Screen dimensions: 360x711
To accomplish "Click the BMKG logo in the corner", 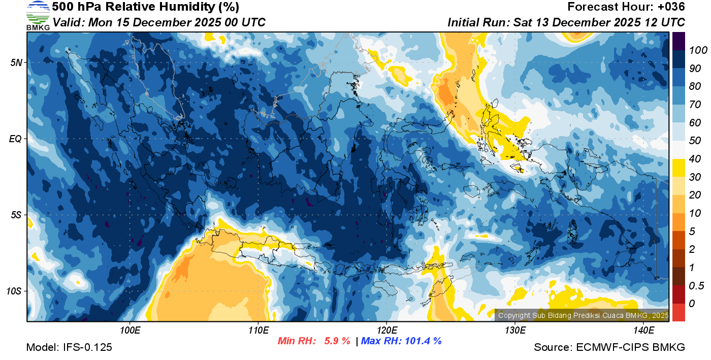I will click(x=38, y=16).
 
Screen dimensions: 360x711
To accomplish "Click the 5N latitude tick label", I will click(x=16, y=63).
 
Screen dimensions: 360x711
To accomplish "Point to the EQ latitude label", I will click(x=15, y=139).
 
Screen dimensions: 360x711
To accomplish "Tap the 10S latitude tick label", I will click(x=14, y=291).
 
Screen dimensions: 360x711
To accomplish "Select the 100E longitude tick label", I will click(x=130, y=331).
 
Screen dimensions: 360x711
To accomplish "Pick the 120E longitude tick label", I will click(x=386, y=331).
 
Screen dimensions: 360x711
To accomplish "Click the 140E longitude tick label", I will click(x=643, y=331).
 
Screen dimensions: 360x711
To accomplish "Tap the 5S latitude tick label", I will click(x=16, y=215).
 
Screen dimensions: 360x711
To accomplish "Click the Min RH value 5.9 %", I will click(x=337, y=341).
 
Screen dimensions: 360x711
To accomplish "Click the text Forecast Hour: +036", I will click(x=626, y=7).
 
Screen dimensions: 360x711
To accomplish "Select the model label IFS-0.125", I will click(x=69, y=347).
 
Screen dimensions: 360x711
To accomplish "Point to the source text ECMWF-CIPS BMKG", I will click(x=609, y=347).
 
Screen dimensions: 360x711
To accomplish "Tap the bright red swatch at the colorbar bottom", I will click(x=678, y=312).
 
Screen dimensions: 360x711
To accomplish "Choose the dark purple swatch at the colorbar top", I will click(x=678, y=41).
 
